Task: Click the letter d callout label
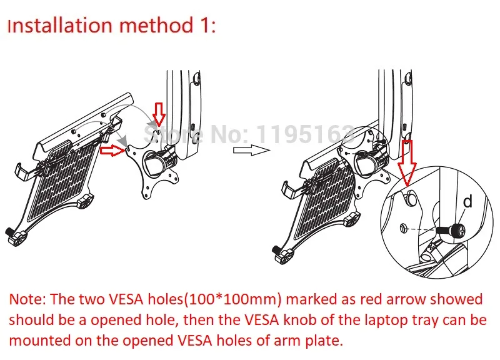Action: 467,202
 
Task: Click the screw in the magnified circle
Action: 451,229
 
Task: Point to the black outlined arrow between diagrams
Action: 252,150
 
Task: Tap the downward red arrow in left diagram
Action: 159,115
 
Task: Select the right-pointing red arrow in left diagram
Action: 112,151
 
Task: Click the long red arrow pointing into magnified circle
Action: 407,163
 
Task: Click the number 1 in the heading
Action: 204,25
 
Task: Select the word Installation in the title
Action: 59,25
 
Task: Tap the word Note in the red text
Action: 27,299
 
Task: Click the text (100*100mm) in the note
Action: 233,299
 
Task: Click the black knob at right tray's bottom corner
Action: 283,254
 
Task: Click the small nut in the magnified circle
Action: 403,228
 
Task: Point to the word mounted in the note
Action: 40,341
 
